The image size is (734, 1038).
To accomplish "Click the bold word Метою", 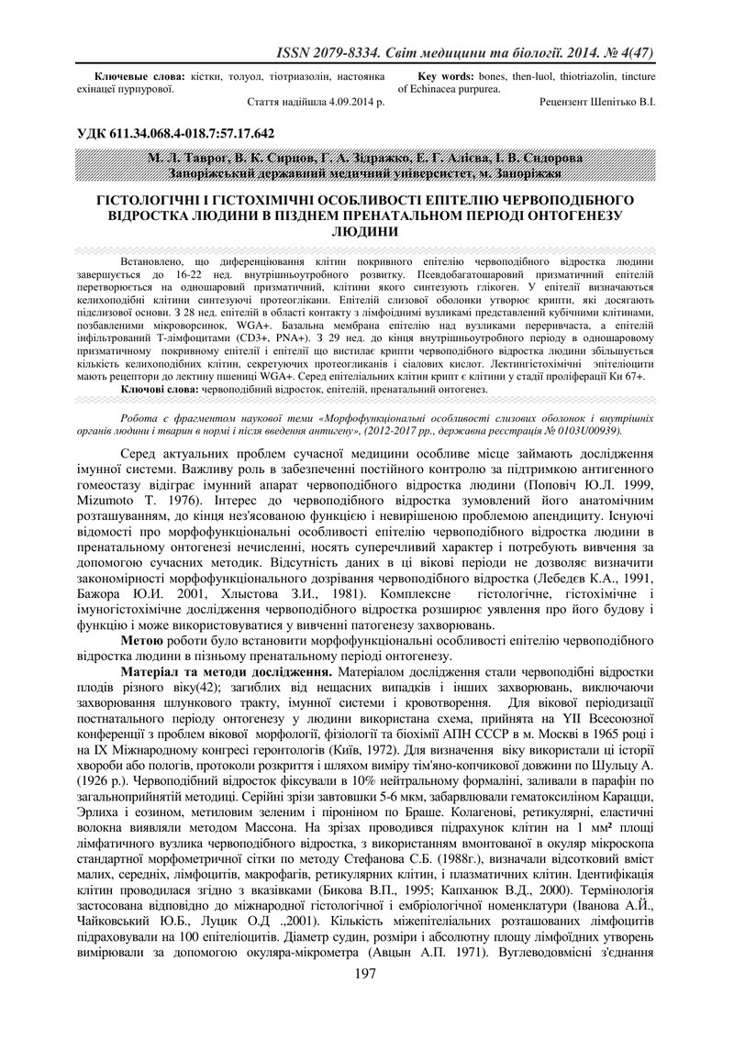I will pos(143,641).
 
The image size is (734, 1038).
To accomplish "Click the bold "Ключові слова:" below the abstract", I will pos(160,390).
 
